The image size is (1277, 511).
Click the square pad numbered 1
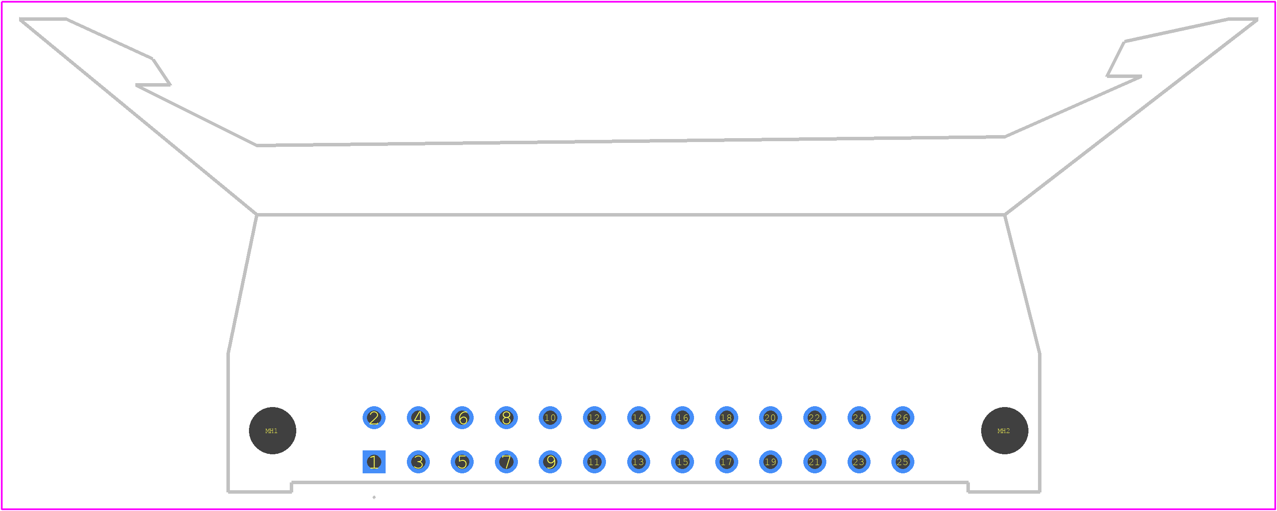374,462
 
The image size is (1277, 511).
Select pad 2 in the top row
374,418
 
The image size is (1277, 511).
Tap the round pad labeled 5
462,462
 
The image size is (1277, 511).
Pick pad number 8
506,418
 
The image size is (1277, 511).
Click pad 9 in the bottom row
550,462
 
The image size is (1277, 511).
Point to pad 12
594,418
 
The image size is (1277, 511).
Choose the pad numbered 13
638,462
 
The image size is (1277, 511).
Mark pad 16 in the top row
683,418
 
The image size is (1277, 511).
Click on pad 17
727,462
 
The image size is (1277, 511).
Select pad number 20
770,418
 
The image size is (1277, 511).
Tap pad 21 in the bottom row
815,462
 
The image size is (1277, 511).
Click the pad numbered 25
903,462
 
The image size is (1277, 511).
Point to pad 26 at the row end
903,418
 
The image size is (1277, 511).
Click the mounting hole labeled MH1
273,431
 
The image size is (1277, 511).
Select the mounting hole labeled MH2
1005,431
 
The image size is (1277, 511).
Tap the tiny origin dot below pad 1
374,497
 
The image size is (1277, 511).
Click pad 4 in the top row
419,418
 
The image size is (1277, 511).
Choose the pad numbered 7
506,462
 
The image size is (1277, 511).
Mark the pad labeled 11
594,462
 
